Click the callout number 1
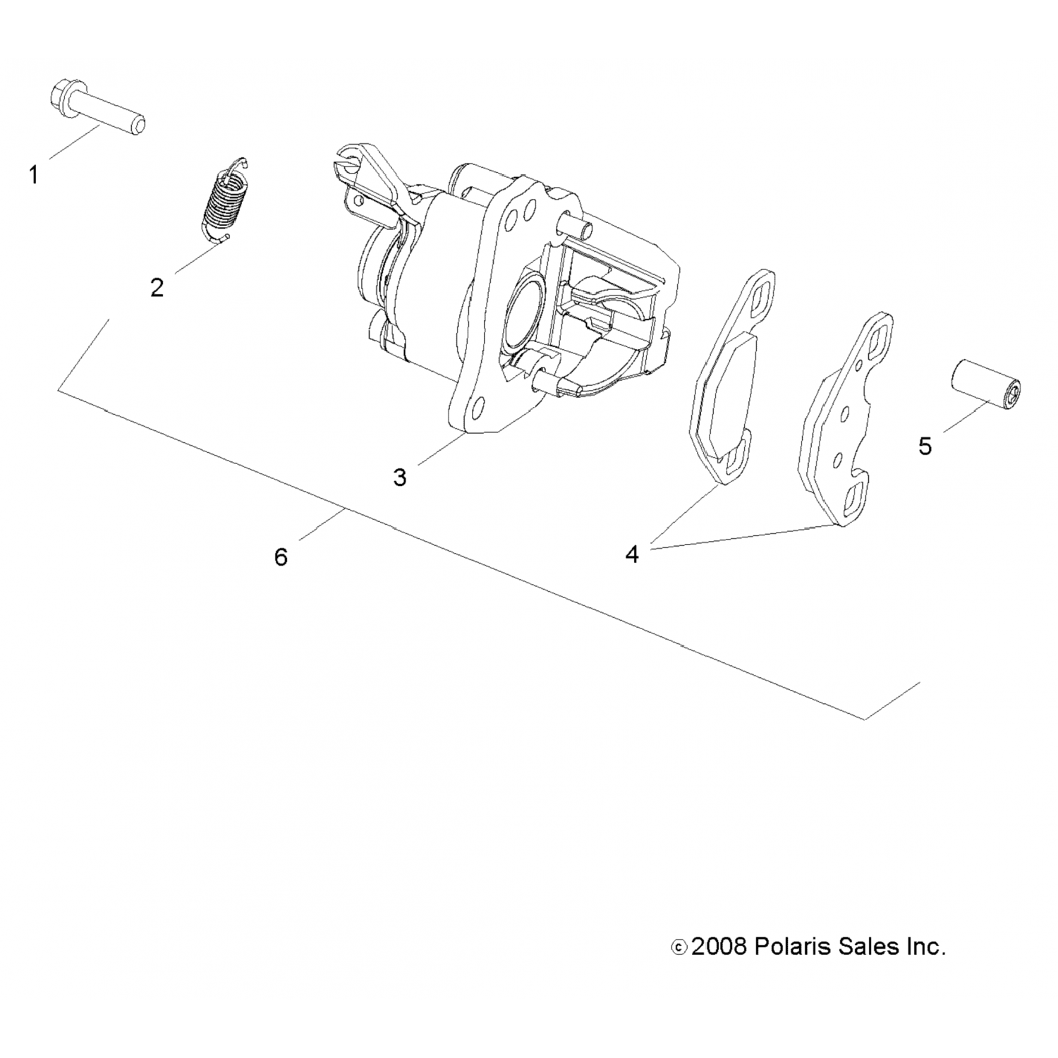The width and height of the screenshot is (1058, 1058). pos(33,174)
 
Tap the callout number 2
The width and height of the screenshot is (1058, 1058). pos(157,287)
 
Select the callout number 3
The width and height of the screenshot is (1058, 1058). pos(400,478)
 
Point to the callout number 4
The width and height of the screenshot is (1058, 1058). pos(632,555)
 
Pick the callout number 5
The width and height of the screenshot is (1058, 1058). pos(925,446)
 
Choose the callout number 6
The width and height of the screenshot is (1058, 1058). pos(281,557)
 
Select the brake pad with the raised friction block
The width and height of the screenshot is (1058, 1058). pos(732,377)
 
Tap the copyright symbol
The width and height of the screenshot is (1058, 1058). pos(678,947)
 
